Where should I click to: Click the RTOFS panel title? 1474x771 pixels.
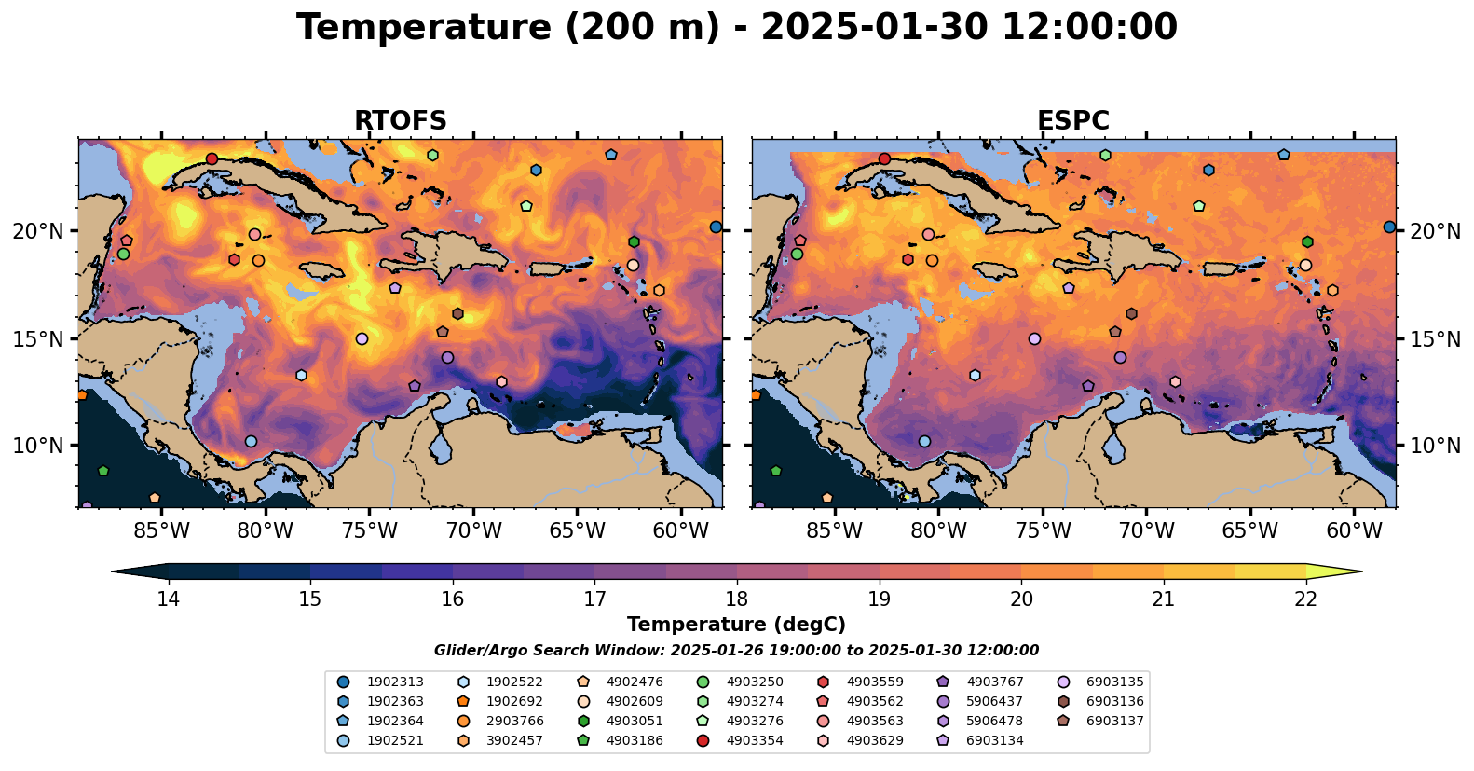click(x=400, y=121)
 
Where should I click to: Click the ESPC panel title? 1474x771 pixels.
click(x=1073, y=121)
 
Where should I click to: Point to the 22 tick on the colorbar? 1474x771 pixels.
click(x=1305, y=599)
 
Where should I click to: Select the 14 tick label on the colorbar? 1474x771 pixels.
click(x=168, y=599)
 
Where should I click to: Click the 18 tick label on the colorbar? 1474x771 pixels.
click(x=736, y=599)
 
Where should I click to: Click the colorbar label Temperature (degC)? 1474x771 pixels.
click(x=736, y=625)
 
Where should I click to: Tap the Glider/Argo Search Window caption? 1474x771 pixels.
click(x=736, y=651)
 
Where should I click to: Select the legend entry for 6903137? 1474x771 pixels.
click(x=1114, y=722)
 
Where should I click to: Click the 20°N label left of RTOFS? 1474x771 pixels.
click(x=38, y=231)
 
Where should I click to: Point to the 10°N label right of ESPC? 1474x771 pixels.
click(x=1436, y=446)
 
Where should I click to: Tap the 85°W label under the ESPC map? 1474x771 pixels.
click(x=834, y=531)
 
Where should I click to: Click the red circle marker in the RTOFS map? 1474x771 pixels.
click(x=212, y=158)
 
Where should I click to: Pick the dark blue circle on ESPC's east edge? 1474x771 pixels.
click(x=1389, y=227)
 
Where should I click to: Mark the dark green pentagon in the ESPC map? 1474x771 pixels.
click(x=775, y=471)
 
